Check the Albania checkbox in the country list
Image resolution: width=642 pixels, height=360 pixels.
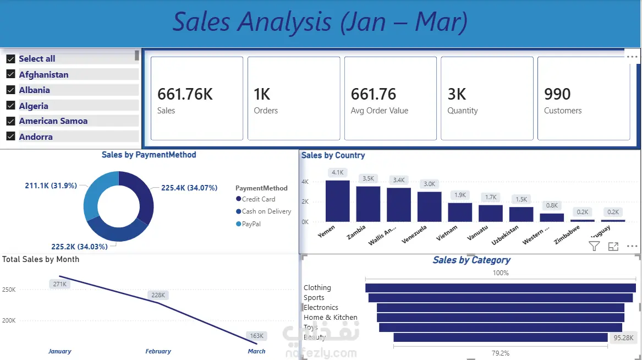10,90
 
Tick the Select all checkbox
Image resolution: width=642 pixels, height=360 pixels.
10,58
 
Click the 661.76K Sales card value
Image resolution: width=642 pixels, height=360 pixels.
185,94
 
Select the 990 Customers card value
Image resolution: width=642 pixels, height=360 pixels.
557,94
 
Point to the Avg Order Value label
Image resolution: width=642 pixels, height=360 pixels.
380,111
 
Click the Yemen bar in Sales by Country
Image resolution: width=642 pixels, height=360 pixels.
338,201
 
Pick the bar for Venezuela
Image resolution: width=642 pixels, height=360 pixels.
429,206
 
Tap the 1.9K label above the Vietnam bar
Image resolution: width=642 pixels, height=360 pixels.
460,195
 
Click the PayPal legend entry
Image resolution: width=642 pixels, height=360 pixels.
251,224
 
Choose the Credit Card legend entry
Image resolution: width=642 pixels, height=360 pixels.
258,199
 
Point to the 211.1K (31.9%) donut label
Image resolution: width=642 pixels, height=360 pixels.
51,186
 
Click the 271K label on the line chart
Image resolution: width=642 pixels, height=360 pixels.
59,284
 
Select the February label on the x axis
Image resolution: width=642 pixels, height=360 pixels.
158,351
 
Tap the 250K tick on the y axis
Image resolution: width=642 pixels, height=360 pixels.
9,290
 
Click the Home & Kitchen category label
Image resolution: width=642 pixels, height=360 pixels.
330,318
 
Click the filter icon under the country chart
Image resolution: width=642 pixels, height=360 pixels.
594,246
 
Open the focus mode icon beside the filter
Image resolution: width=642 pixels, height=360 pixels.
613,247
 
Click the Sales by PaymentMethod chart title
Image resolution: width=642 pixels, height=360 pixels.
149,155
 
